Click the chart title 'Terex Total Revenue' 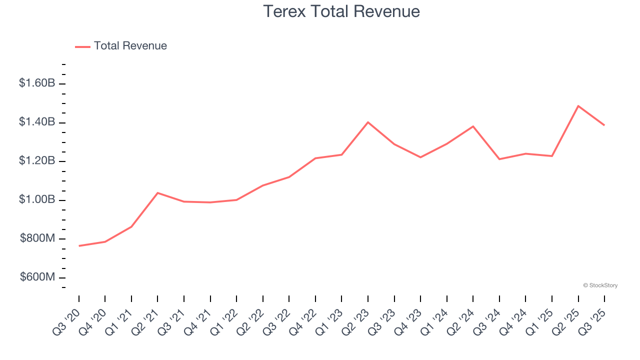[341, 11]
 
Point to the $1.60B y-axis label [37, 83]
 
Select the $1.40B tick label [37, 122]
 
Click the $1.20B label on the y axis [37, 161]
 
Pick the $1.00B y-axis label [37, 200]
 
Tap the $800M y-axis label [37, 239]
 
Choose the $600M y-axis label [37, 277]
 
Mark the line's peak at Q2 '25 [578, 106]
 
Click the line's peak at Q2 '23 [368, 122]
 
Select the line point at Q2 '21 [157, 192]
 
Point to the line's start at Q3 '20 [79, 246]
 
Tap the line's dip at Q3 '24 [499, 159]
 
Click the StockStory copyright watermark [600, 285]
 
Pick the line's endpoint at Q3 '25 [604, 125]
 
